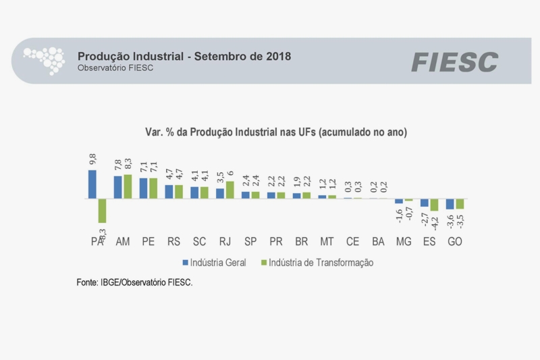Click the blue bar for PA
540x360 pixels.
tap(92, 184)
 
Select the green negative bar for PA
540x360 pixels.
tap(102, 211)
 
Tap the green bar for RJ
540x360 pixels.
tap(230, 190)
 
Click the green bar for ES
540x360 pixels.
tap(434, 205)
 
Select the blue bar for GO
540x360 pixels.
tap(450, 204)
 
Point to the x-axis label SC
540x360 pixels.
tap(199, 241)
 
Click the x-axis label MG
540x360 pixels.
tap(404, 241)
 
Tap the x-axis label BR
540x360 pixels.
tap(301, 241)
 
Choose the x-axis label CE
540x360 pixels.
tap(352, 241)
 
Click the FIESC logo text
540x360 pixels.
tap(454, 62)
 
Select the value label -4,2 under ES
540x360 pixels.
tap(435, 222)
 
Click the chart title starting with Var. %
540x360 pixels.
tap(276, 132)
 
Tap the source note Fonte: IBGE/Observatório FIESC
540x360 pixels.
tap(134, 282)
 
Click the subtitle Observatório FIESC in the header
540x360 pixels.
tap(111, 68)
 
